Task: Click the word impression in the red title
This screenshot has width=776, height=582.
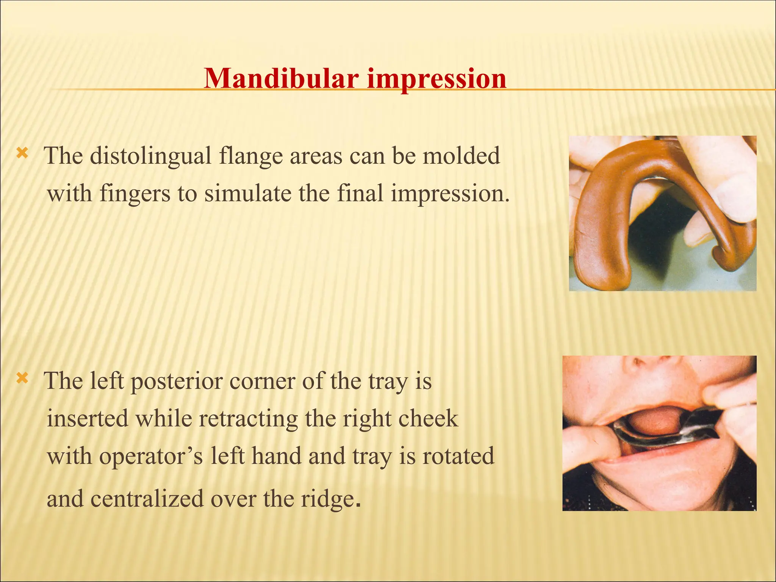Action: click(x=436, y=80)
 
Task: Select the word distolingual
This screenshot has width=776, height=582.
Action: click(x=150, y=156)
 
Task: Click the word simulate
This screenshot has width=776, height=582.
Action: click(x=249, y=193)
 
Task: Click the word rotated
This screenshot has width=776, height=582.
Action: click(x=458, y=456)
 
